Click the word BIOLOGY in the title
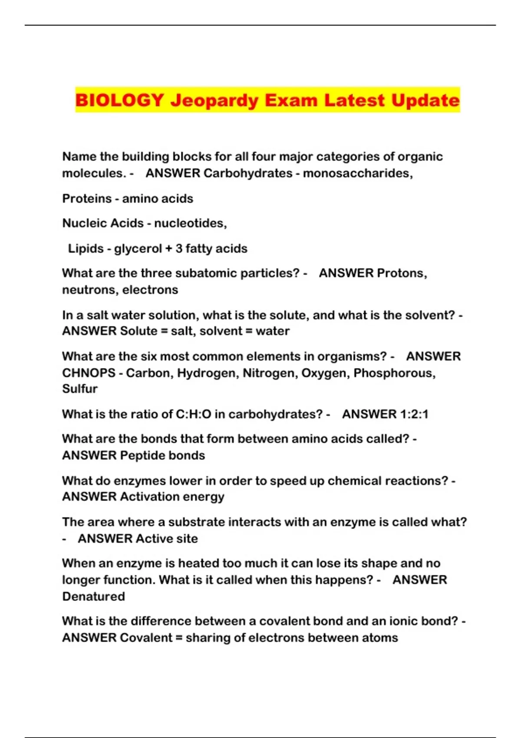click(x=119, y=100)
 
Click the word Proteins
click(x=87, y=198)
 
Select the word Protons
click(x=402, y=273)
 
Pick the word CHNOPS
click(x=89, y=373)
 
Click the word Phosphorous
click(x=394, y=373)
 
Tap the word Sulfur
click(x=80, y=389)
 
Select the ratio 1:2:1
click(x=409, y=414)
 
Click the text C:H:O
click(x=193, y=414)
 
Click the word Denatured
click(x=93, y=596)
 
